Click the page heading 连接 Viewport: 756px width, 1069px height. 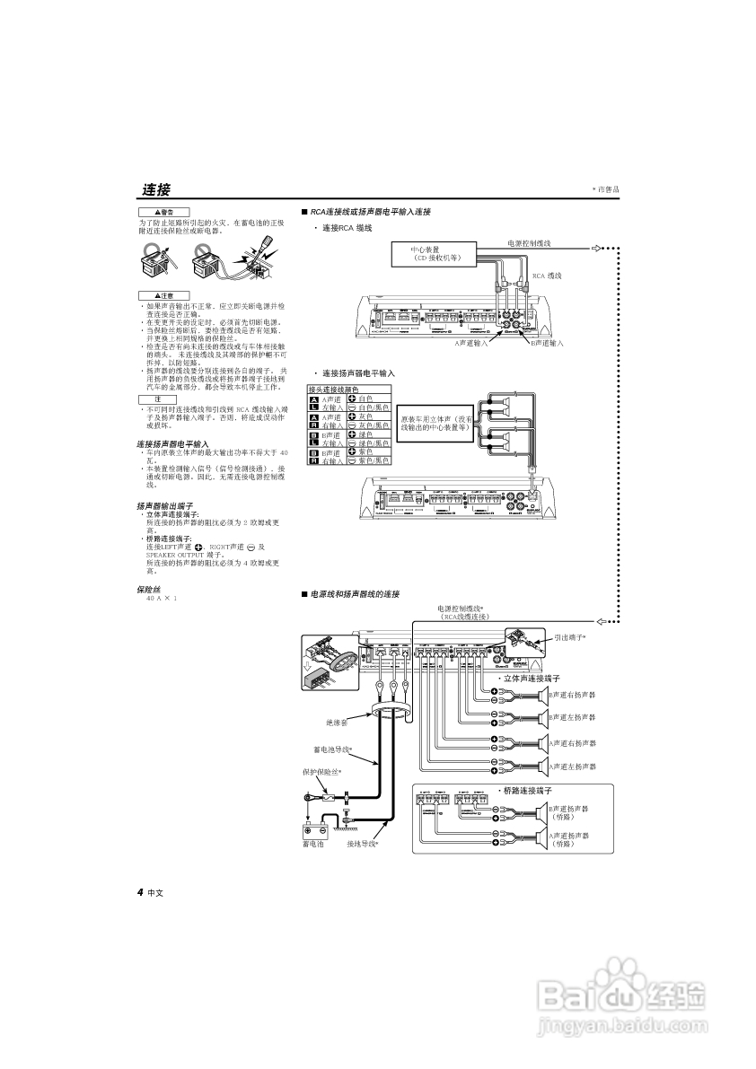coord(155,189)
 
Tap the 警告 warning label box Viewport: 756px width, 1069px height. coord(164,212)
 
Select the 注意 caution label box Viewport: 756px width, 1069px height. coord(164,295)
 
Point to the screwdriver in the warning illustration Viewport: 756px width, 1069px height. coord(265,247)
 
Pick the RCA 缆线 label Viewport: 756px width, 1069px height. coord(547,276)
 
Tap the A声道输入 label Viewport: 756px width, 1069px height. coord(470,342)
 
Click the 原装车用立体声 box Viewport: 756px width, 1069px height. coord(436,423)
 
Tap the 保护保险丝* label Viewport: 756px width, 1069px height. coord(322,771)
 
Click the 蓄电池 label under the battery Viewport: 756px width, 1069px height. coord(313,844)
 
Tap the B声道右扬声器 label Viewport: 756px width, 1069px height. coord(572,695)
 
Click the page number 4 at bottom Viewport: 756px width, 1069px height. coord(141,892)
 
